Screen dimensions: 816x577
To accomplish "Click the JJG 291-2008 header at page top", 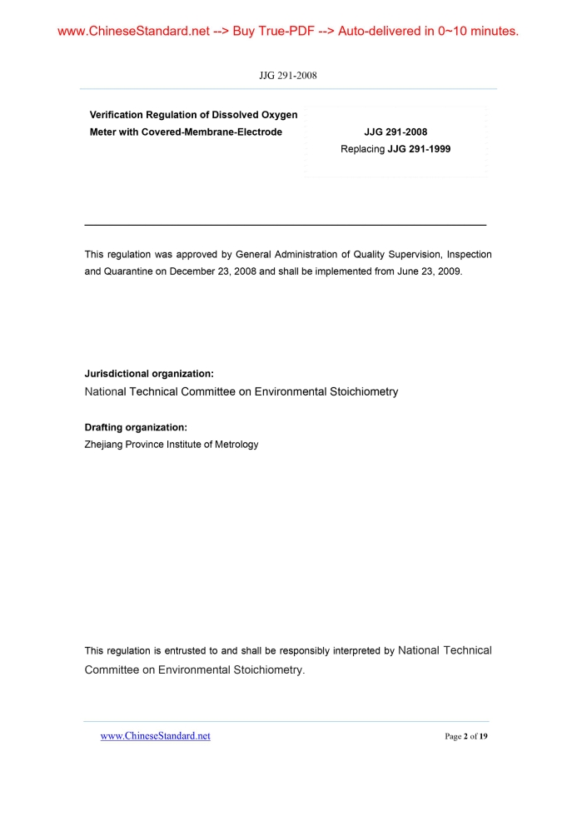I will pyautogui.click(x=288, y=76).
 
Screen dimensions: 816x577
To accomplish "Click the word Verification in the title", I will pyautogui.click(x=117, y=115).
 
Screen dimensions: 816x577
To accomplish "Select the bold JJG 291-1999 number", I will pyautogui.click(x=419, y=149).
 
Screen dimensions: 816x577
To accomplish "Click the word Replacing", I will pyautogui.click(x=362, y=149).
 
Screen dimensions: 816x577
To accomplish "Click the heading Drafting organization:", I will pyautogui.click(x=136, y=427).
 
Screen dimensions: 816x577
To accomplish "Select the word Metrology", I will pyautogui.click(x=236, y=445).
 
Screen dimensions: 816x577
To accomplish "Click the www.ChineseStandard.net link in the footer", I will pyautogui.click(x=155, y=736).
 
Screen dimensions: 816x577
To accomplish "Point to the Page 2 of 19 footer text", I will pyautogui.click(x=466, y=736).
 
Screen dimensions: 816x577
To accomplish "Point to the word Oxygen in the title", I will pyautogui.click(x=278, y=115).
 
